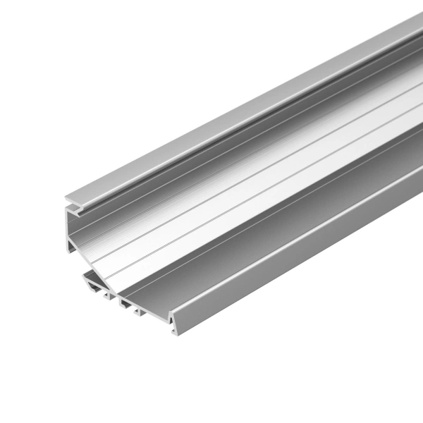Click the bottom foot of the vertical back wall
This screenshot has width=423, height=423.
[x=70, y=248]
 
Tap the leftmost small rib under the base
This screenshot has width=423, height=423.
[x=107, y=294]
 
